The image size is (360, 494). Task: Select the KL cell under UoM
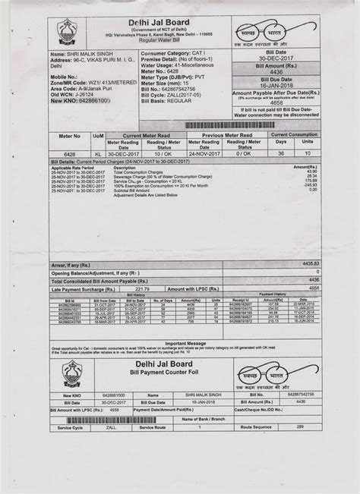99,152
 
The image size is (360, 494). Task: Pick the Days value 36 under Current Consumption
280,152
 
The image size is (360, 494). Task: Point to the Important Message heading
185,343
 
